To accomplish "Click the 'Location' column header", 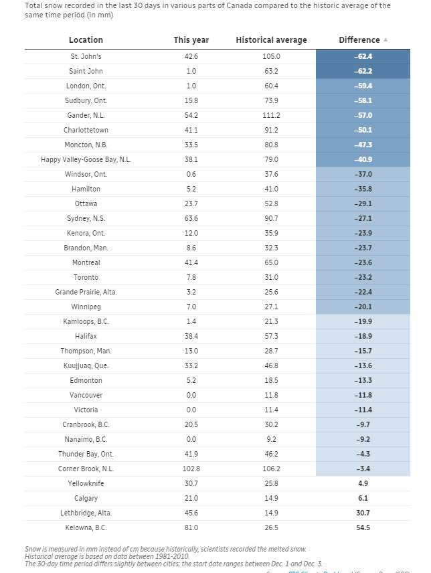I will [x=86, y=40].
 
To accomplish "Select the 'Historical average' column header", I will [x=271, y=40].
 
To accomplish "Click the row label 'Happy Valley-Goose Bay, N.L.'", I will [x=86, y=159].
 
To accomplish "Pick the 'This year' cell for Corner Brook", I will [x=191, y=469].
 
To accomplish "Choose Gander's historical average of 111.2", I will [x=271, y=115].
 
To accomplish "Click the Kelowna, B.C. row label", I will [x=86, y=527].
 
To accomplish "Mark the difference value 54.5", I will [x=363, y=527].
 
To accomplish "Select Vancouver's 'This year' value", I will [x=191, y=395].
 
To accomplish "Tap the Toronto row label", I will [x=86, y=277].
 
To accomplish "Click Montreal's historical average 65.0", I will [x=271, y=262].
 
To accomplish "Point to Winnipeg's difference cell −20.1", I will [x=363, y=307].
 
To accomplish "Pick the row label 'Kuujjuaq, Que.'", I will [x=86, y=365].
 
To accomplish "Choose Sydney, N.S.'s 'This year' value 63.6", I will [x=191, y=218].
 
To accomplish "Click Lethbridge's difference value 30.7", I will [x=363, y=513].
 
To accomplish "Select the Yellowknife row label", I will [x=86, y=483].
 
